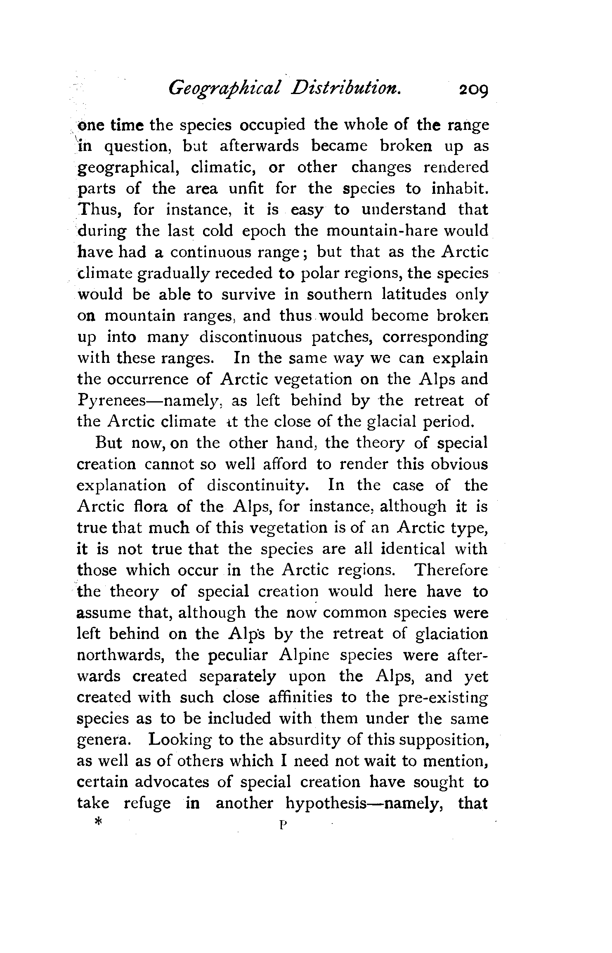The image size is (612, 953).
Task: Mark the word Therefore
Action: (x=451, y=570)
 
